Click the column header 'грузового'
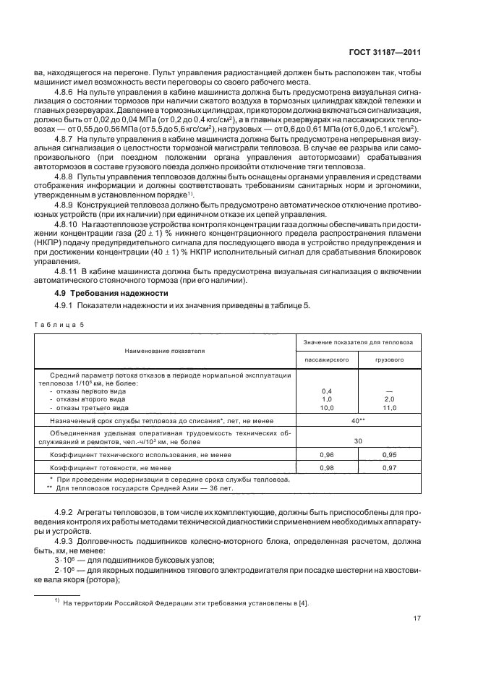(389, 359)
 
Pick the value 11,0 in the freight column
(389, 408)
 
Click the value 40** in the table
(357, 420)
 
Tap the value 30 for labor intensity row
(357, 440)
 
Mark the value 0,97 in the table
(389, 469)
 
